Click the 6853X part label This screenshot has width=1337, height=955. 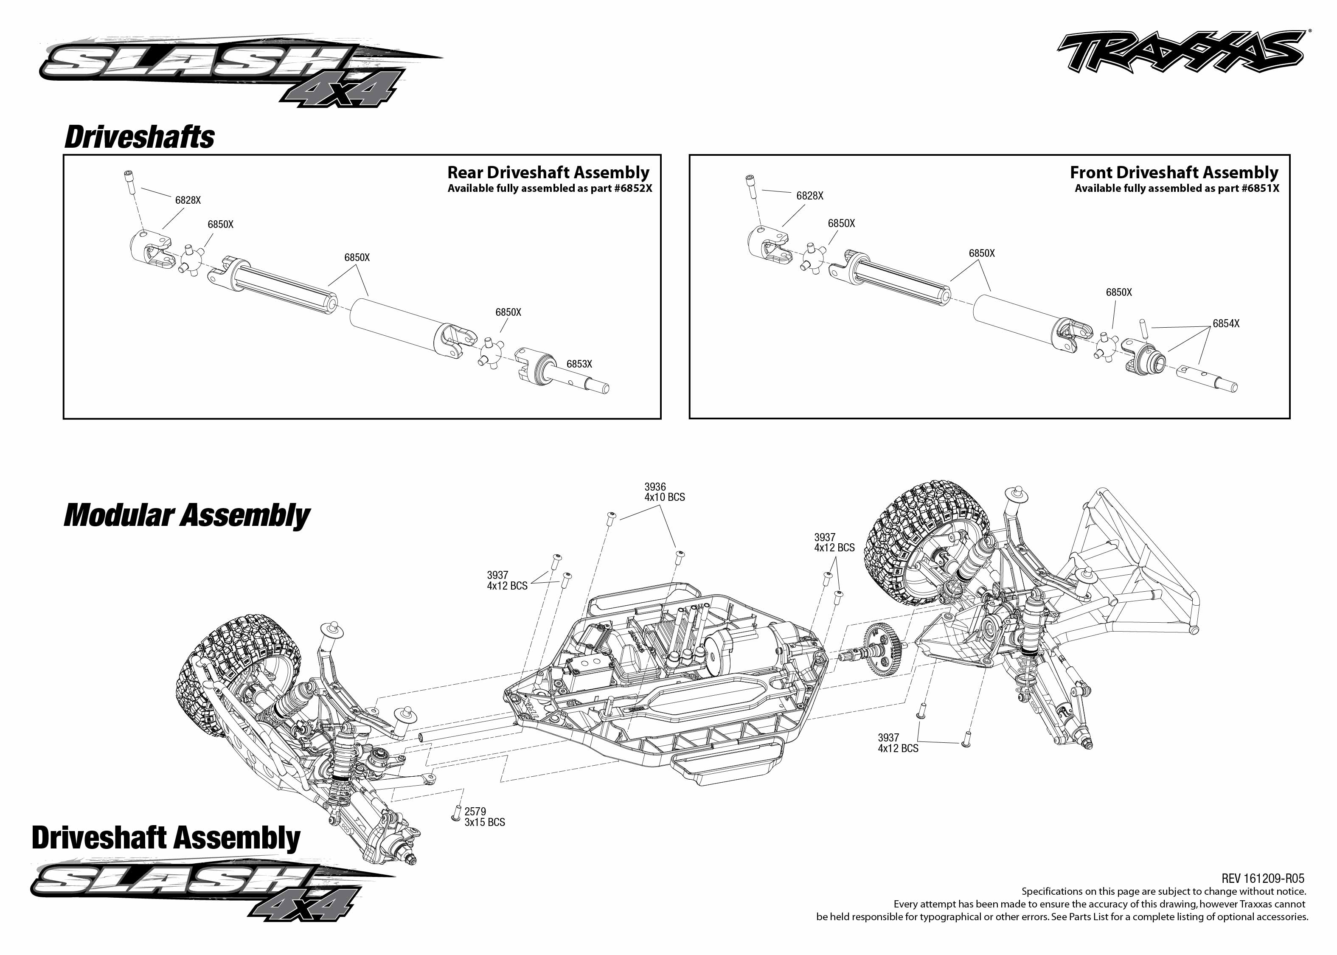click(x=579, y=364)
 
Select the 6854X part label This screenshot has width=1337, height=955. click(x=1225, y=323)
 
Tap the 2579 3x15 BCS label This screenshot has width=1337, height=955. click(x=484, y=817)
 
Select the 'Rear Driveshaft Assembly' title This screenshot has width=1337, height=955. click(x=548, y=172)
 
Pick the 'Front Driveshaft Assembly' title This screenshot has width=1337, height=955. click(x=1174, y=172)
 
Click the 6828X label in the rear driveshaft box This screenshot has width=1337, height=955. click(x=188, y=200)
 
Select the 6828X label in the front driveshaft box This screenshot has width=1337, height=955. click(x=809, y=196)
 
